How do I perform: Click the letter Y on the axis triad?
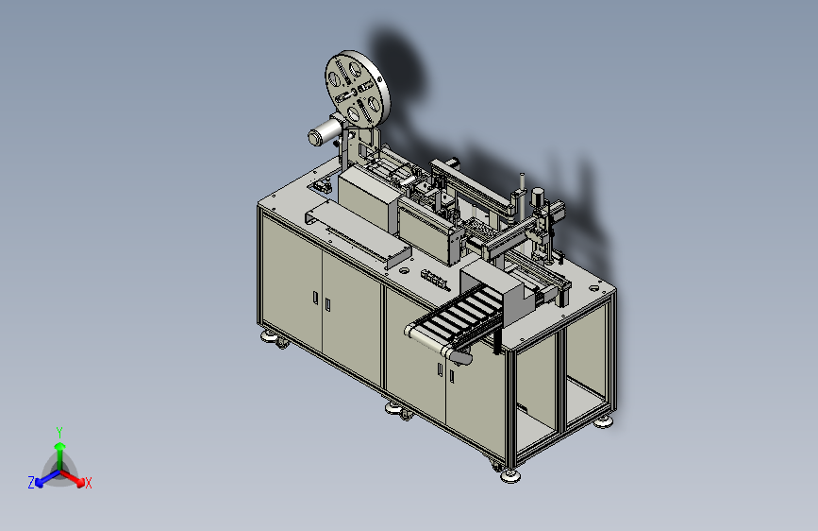click(59, 433)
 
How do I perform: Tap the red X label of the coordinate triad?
click(88, 483)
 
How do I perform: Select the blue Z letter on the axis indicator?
click(31, 483)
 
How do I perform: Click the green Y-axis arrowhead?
click(60, 446)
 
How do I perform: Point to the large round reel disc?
click(358, 88)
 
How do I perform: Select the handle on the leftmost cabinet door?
click(316, 298)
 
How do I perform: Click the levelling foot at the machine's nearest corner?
click(509, 475)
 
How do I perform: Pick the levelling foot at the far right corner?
click(603, 421)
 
